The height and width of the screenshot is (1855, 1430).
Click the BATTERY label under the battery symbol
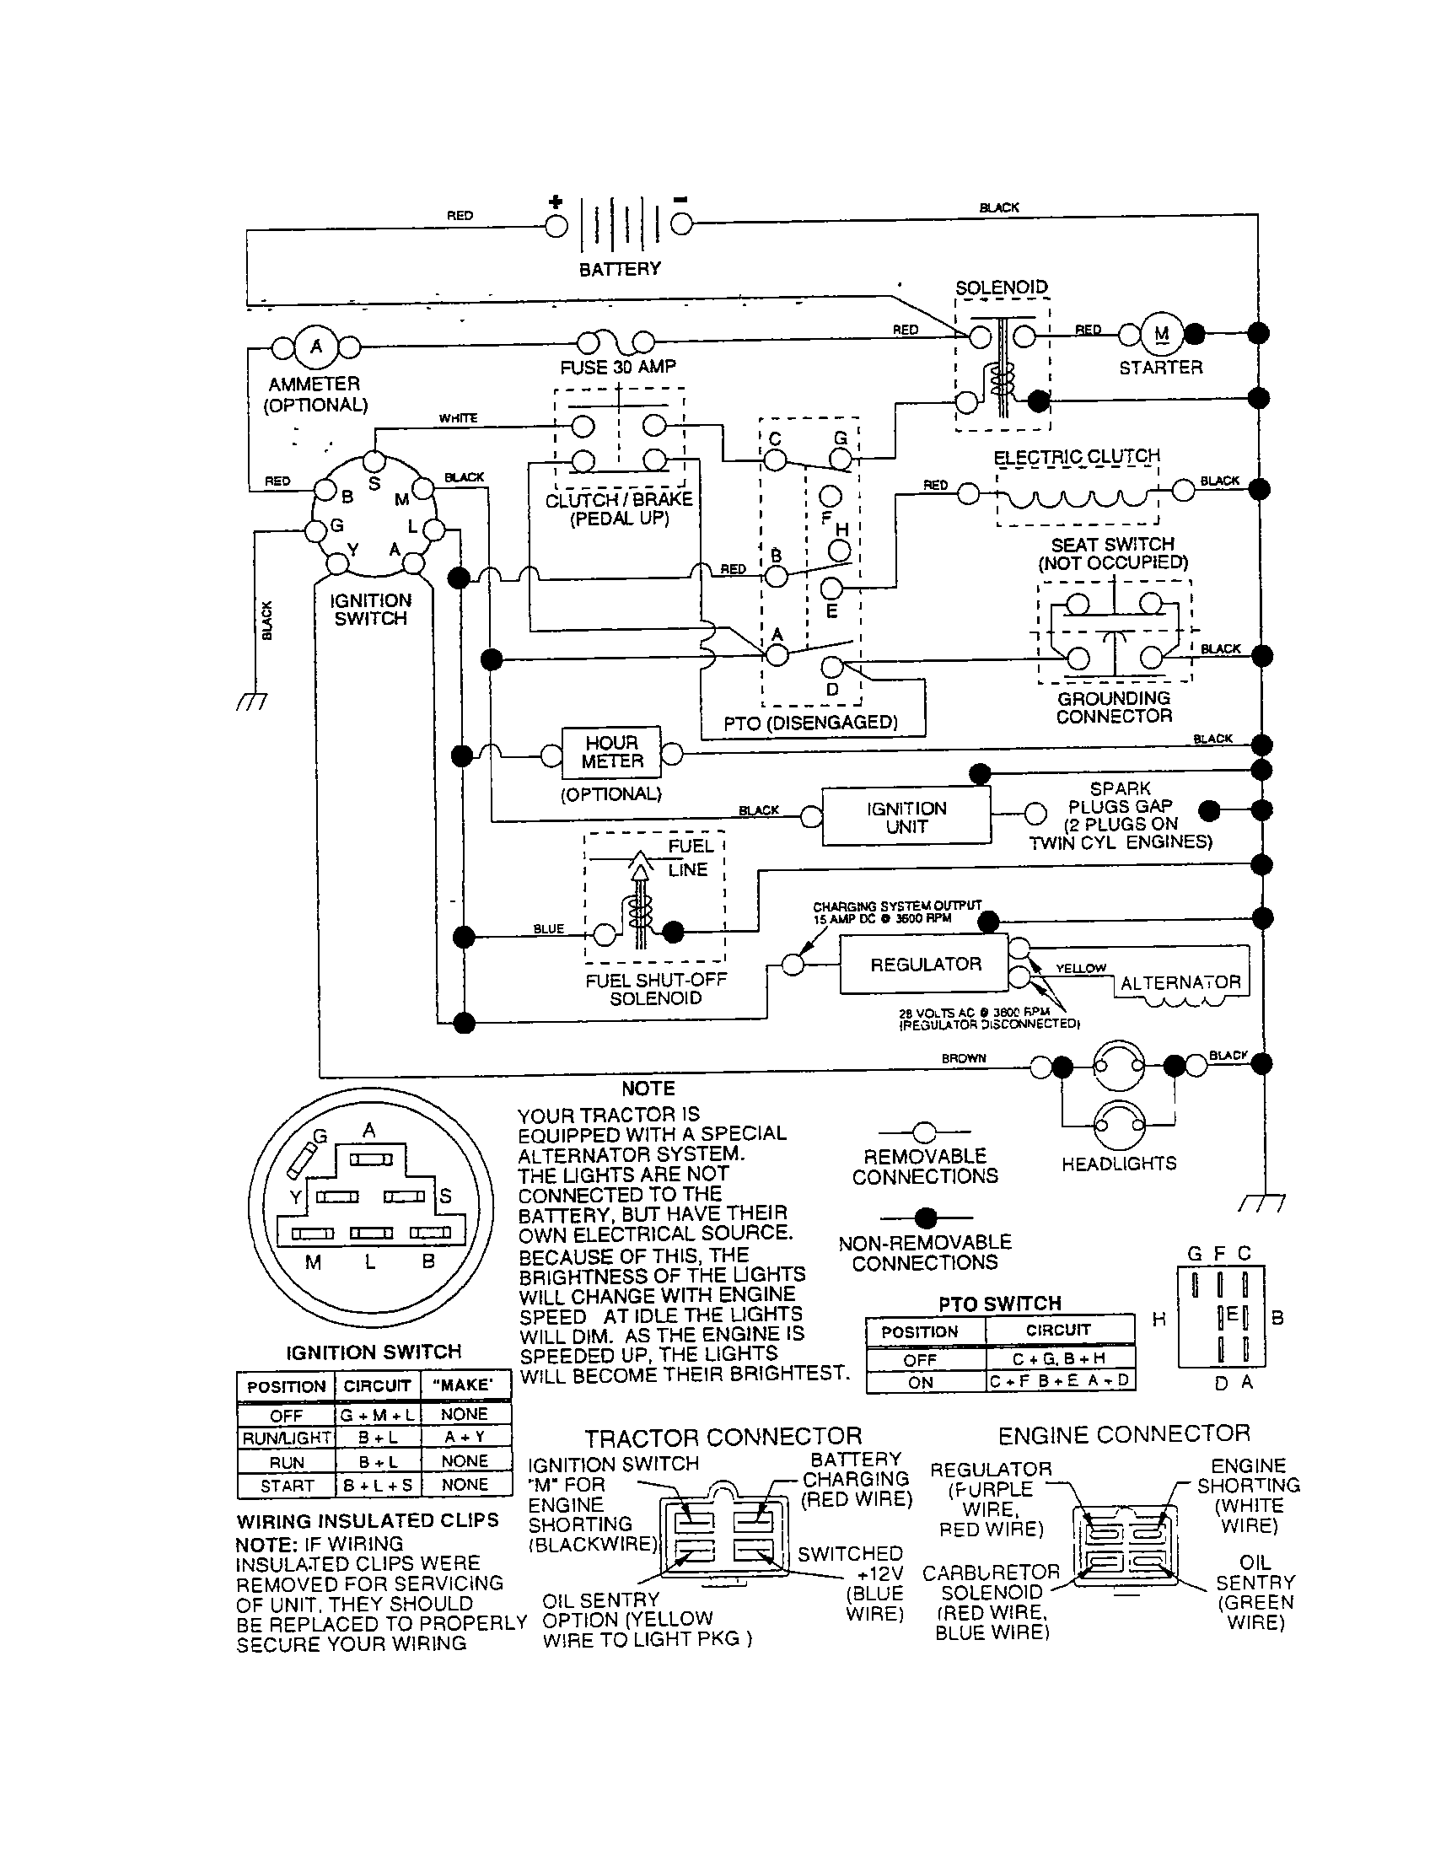619,269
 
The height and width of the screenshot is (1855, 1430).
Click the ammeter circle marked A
316,347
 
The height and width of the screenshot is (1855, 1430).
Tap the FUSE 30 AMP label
617,368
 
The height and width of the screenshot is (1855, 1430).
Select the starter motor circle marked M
1161,334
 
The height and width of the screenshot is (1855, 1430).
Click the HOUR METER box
611,752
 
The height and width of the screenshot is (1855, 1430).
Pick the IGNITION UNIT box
906,817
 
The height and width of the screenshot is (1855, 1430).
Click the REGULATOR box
925,964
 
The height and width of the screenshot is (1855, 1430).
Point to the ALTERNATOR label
1180,982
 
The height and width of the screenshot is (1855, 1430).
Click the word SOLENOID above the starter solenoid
1001,287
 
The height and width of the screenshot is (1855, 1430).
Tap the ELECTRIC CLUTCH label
1076,456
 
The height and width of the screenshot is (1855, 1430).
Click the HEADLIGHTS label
1118,1163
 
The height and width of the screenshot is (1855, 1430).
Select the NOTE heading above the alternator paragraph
648,1089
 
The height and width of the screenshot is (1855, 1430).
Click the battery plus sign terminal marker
556,202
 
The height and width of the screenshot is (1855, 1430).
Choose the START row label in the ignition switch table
286,1486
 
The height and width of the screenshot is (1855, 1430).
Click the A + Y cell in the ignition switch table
465,1437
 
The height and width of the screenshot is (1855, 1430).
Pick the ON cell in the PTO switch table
921,1382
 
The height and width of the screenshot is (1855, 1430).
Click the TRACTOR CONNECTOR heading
723,1436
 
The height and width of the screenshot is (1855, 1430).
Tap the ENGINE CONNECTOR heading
1123,1434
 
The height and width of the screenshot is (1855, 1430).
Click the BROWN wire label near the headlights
963,1058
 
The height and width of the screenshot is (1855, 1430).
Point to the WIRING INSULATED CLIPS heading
367,1519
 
